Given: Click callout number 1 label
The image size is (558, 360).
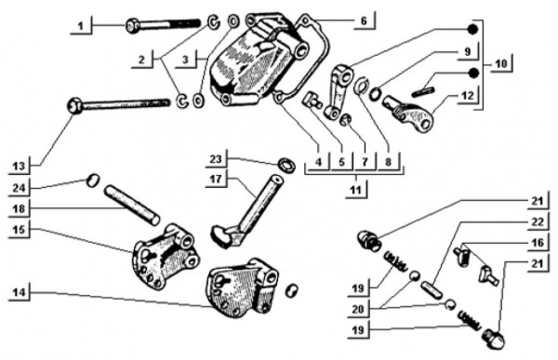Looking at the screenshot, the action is tap(81, 26).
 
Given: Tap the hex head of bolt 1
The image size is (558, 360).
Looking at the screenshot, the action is tap(133, 26).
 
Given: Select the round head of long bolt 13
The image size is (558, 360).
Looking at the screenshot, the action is tap(74, 106).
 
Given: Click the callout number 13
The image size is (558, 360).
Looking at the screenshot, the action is tap(20, 167).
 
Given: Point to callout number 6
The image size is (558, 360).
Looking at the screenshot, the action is tap(364, 20).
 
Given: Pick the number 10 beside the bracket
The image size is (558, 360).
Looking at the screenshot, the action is tap(500, 64).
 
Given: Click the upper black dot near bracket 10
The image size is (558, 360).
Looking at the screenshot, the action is tap(472, 30).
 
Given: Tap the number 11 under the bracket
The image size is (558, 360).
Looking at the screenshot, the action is tap(355, 190).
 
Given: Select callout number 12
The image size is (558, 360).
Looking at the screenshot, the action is tap(467, 96).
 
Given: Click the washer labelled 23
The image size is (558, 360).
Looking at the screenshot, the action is tap(286, 166).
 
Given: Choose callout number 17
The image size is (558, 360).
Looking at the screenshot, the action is tap(216, 179).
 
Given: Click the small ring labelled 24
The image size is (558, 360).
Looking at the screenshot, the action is tap(92, 180).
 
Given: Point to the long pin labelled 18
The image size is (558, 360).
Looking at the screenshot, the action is tap(132, 205).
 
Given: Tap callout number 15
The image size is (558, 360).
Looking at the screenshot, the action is tap(20, 230).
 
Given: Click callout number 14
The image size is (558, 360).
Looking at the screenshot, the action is tap(20, 293).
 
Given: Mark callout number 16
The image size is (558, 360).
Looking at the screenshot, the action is tap(538, 243).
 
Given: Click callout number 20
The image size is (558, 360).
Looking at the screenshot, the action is tap(358, 309).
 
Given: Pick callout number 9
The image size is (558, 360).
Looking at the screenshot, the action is tap(467, 52).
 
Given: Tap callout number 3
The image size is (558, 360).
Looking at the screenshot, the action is tap(185, 60).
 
